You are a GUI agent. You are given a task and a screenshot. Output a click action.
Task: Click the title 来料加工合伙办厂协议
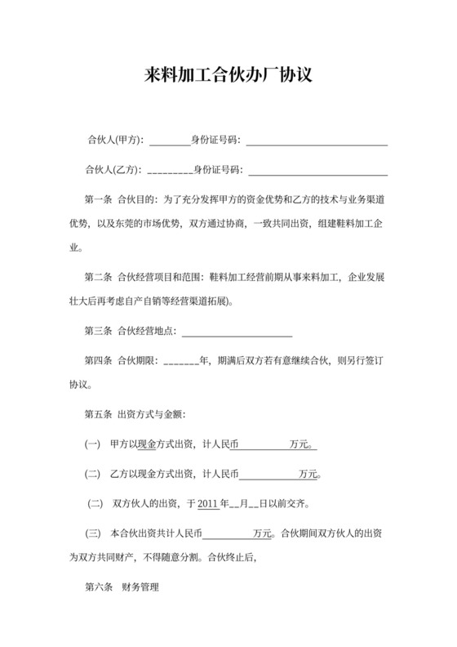tap(228, 76)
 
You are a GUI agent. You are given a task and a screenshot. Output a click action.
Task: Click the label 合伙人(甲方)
tap(113, 141)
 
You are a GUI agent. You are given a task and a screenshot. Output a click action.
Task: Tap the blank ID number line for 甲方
tap(317, 143)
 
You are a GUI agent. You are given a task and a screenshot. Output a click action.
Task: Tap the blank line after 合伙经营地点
tap(237, 333)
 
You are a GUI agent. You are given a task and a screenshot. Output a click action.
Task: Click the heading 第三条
tap(98, 331)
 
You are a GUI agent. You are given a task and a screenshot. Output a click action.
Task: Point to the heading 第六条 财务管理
tap(122, 587)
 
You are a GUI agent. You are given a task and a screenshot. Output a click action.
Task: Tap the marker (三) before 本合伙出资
tap(92, 533)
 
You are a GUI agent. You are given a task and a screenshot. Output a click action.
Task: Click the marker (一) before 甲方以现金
tap(92, 445)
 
